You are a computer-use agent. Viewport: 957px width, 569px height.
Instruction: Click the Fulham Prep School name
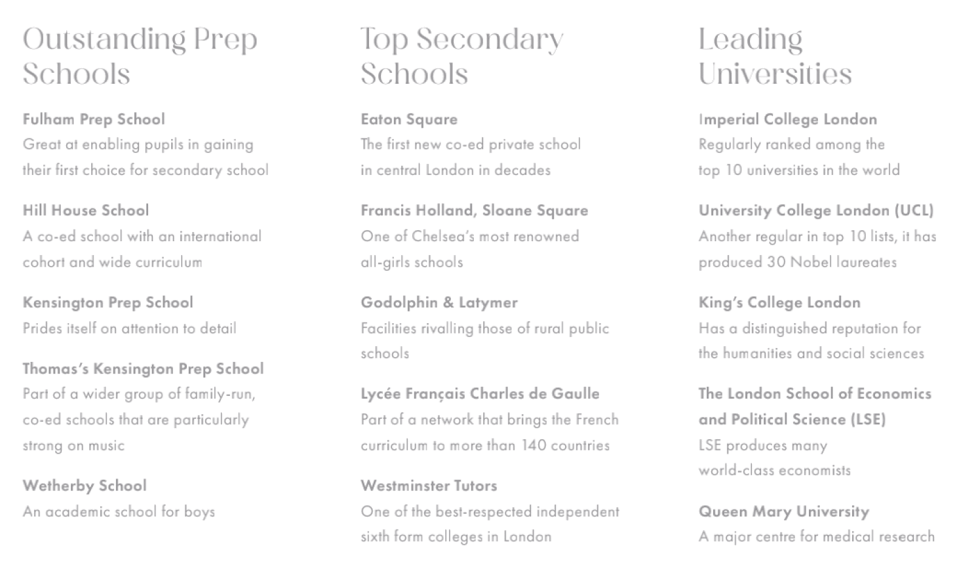[x=94, y=119]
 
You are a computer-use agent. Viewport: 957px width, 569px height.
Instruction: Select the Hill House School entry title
[x=86, y=210]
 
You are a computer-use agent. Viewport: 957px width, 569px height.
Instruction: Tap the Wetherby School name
[x=85, y=486]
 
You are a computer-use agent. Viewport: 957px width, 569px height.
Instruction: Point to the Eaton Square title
[x=409, y=119]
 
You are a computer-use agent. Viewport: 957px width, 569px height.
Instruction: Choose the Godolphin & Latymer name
[x=439, y=302]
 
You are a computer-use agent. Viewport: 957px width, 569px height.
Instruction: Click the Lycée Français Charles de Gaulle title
[x=480, y=393]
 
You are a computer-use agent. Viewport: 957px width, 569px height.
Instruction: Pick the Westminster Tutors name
[x=429, y=486]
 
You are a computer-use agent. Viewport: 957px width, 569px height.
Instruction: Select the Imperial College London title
[x=787, y=119]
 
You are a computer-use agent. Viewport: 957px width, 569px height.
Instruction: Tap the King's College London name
[x=779, y=302]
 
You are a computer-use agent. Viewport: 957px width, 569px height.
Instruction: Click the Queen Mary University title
[x=783, y=511]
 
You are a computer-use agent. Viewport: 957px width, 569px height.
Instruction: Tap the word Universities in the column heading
[x=775, y=73]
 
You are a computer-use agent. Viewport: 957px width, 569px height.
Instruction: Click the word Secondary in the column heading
[x=490, y=39]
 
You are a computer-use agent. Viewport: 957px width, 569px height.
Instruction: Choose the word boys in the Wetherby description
[x=199, y=512]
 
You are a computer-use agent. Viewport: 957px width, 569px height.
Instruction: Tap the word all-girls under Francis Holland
[x=383, y=262]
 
